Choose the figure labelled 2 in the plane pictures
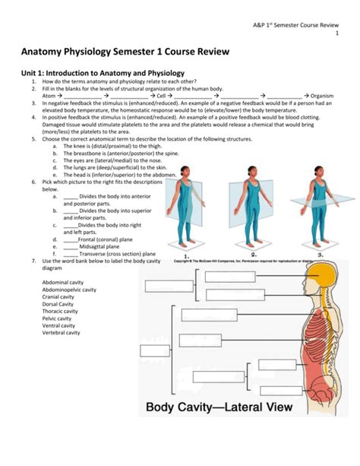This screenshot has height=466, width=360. tap(252, 205)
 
